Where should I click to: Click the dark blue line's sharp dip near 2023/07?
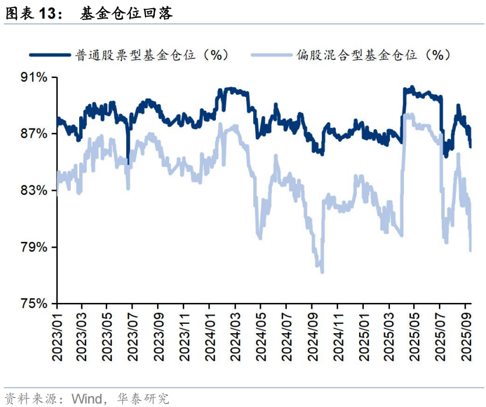pyautogui.click(x=128, y=162)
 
